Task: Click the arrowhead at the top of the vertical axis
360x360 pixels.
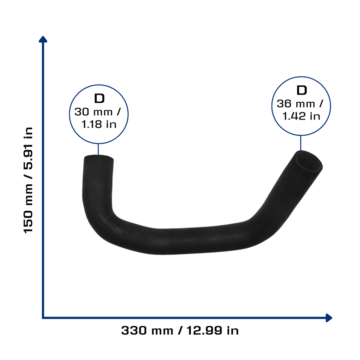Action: pos(43,39)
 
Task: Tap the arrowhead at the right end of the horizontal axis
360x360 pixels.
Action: pos(329,318)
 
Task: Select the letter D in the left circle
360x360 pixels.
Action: pos(99,98)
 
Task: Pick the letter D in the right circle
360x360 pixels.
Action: pos(302,90)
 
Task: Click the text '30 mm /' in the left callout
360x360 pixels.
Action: pos(98,112)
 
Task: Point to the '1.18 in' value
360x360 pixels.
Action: pos(99,124)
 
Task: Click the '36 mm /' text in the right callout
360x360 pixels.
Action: pos(300,104)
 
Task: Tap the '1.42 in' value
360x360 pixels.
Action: pos(301,116)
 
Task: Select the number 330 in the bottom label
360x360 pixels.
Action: pos(134,330)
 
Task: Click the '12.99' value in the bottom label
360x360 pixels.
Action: pos(204,330)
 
